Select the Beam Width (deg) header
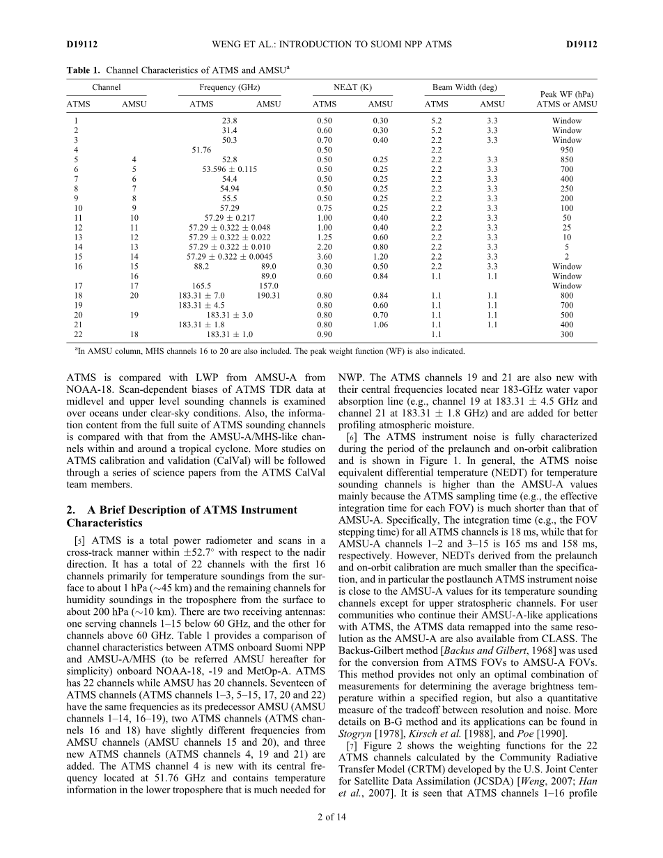tap(465, 88)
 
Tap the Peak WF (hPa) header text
tap(566, 94)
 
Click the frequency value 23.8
tap(229, 120)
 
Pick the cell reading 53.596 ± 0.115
tap(229, 169)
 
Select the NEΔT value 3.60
tap(325, 257)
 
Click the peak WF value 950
tap(567, 150)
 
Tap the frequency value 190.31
tap(268, 295)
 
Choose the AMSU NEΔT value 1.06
tap(380, 325)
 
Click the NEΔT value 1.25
tap(325, 237)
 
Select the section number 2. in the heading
tap(71, 510)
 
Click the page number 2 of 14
tap(331, 836)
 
